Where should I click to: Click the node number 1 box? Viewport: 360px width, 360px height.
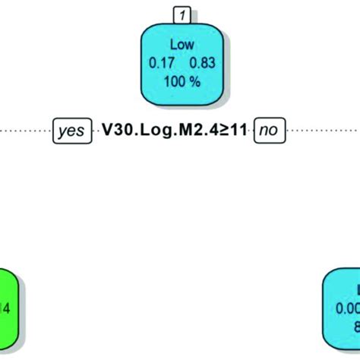point(181,13)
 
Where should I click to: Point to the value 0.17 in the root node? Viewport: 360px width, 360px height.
point(160,66)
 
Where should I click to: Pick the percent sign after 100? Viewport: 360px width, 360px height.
point(195,81)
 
